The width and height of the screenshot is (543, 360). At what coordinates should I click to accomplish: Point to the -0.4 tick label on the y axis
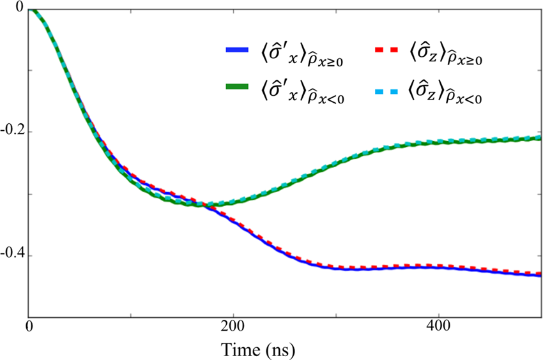point(12,255)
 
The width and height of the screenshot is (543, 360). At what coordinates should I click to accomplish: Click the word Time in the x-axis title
point(240,349)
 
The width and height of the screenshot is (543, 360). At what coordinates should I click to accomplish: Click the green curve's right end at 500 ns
point(540,137)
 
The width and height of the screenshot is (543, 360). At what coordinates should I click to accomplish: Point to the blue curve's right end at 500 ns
point(540,275)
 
